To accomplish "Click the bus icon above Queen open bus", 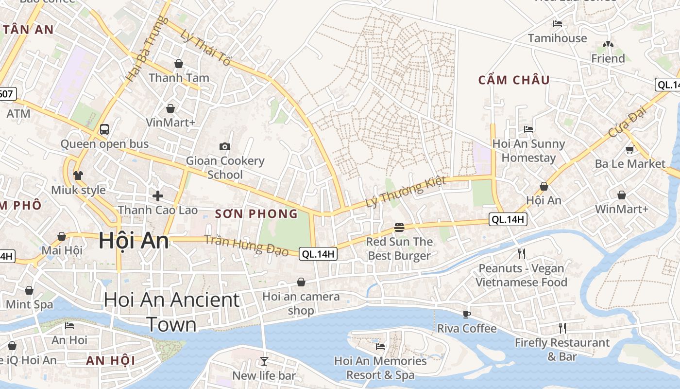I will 104,129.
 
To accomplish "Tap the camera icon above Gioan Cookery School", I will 225,146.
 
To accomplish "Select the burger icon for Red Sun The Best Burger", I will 399,227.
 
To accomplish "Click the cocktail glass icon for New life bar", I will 264,361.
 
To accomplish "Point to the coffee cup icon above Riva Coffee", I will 467,314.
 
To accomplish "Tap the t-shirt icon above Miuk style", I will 78,175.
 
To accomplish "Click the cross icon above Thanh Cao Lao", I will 158,196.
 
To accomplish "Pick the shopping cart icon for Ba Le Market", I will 630,149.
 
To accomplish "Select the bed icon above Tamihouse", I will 558,23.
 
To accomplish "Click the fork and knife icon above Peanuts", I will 522,253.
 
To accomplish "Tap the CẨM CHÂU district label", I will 514,80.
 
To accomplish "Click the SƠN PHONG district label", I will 256,214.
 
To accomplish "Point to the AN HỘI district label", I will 110,361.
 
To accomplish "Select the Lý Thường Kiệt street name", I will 406,192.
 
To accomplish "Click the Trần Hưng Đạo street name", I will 246,246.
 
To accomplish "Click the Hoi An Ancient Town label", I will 171,312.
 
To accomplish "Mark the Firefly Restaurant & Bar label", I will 562,350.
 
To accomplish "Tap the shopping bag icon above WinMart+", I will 622,195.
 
